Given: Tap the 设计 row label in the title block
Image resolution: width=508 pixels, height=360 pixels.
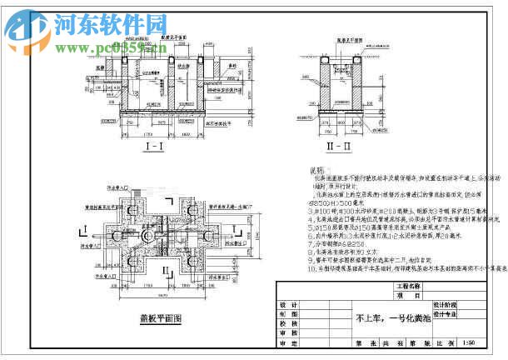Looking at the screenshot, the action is [289, 305].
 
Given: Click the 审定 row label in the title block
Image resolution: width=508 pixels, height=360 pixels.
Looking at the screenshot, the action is [289, 342].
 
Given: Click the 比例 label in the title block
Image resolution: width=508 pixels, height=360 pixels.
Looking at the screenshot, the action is [450, 342].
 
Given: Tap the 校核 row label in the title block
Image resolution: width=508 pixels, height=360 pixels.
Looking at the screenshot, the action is [289, 323].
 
